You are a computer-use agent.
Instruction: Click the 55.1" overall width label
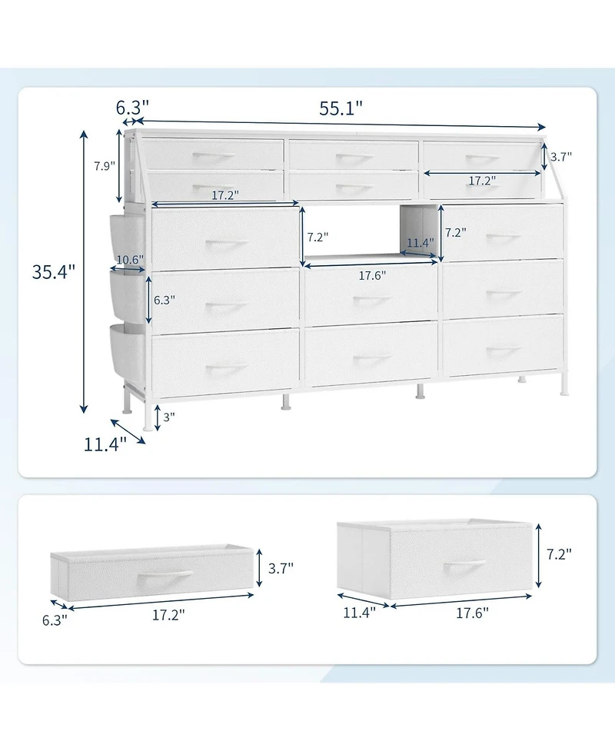341,108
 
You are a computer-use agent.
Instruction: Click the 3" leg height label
169,417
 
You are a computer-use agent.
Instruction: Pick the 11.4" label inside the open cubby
421,242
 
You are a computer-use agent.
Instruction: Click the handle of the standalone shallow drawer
165,575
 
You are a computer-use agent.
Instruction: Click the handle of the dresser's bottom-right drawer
504,351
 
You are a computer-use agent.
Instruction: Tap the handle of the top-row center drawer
354,158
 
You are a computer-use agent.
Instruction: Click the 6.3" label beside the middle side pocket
161,301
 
